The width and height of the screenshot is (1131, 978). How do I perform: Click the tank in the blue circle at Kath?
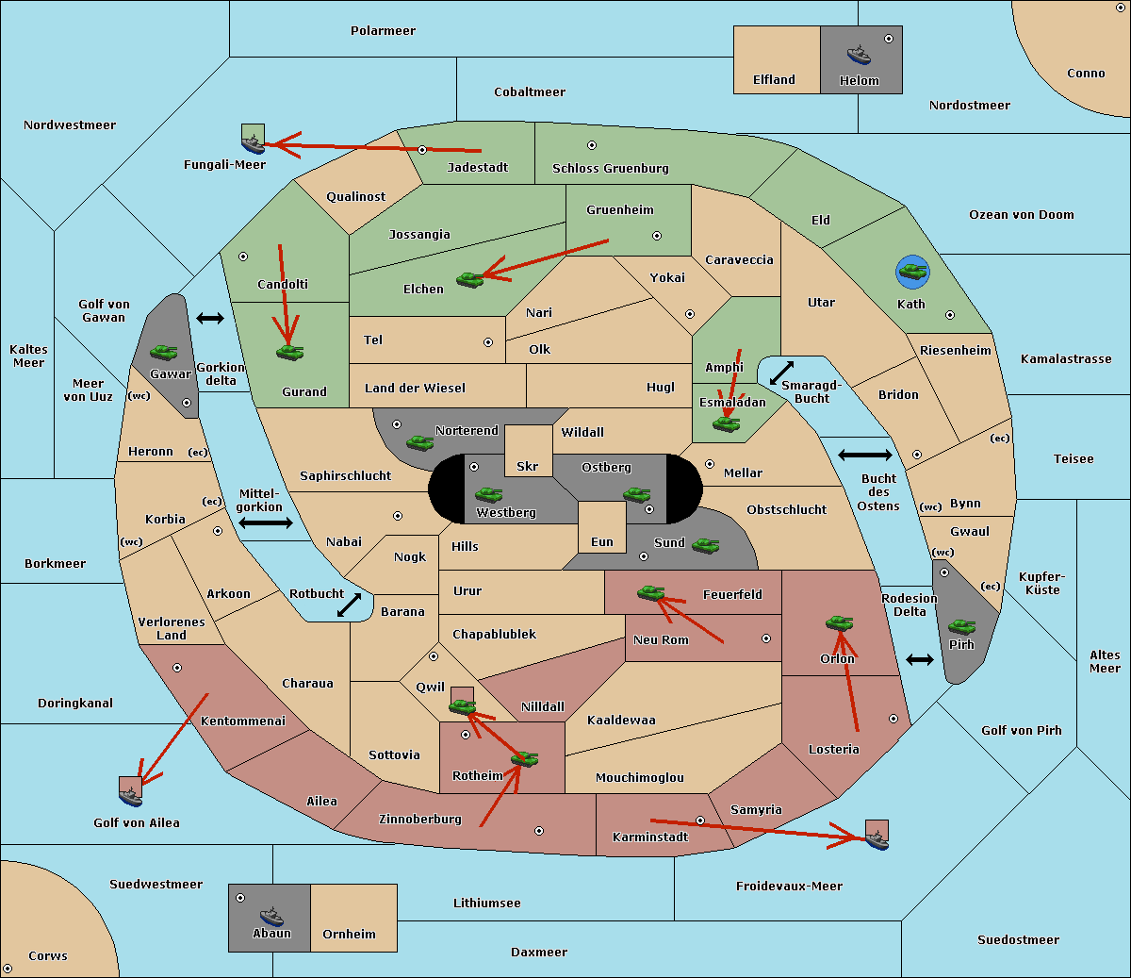click(912, 272)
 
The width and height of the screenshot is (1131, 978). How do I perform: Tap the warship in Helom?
click(859, 55)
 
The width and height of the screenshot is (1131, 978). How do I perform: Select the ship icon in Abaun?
click(271, 917)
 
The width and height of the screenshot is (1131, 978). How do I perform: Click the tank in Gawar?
click(163, 352)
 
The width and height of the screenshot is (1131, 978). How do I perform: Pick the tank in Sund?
click(705, 545)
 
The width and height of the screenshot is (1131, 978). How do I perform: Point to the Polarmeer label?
click(383, 31)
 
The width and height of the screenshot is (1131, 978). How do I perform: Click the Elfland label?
click(774, 80)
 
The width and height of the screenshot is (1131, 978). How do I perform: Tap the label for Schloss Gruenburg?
click(610, 168)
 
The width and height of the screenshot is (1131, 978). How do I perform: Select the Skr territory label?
click(528, 466)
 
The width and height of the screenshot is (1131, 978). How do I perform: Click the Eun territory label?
click(602, 541)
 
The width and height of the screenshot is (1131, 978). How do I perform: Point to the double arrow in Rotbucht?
click(349, 605)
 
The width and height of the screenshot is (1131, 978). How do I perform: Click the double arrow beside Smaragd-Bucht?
click(781, 373)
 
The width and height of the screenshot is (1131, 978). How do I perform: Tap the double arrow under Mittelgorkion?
click(266, 522)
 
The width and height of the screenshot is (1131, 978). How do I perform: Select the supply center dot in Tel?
click(488, 342)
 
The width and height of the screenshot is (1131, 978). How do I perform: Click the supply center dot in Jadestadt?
click(422, 150)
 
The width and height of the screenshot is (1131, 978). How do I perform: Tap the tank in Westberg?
click(488, 494)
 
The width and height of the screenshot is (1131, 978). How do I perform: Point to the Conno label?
click(1086, 74)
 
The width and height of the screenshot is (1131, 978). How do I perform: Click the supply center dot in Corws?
click(8, 969)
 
